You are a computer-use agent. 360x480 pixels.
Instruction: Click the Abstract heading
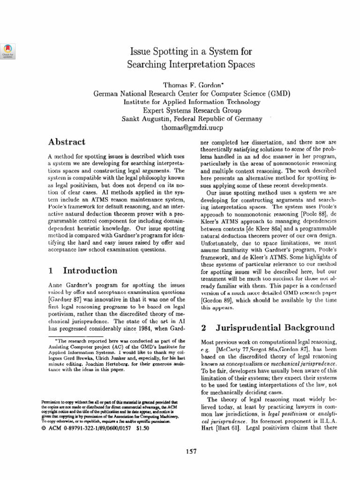point(67,142)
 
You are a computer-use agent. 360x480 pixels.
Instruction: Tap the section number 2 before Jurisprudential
point(204,327)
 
